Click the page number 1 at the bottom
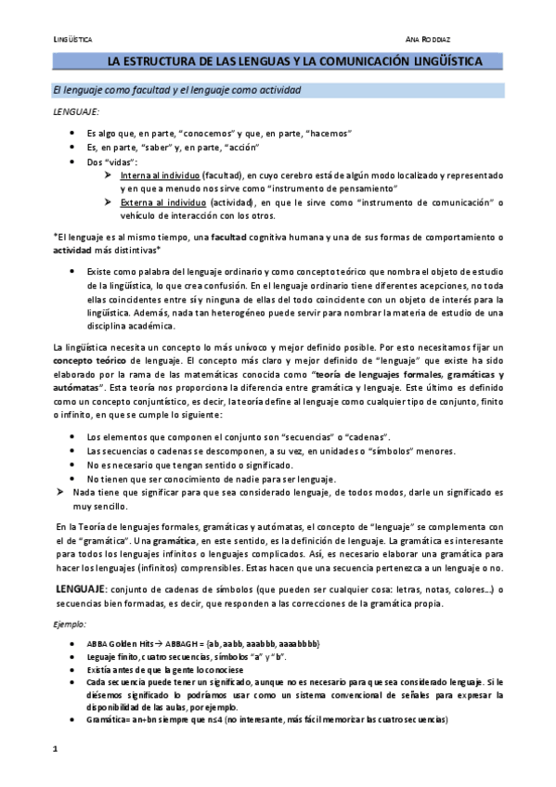click(x=55, y=749)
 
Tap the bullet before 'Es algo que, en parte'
click(x=72, y=134)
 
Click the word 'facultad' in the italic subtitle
click(x=125, y=90)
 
